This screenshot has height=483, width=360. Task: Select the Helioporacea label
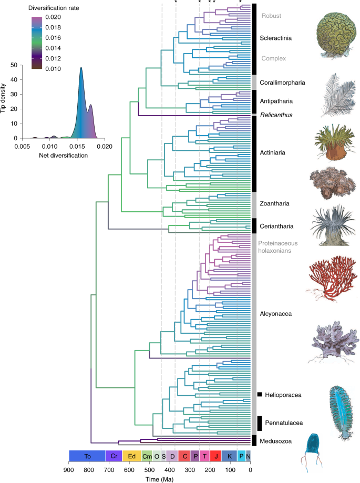tap(283, 394)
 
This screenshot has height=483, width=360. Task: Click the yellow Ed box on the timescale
tap(131, 456)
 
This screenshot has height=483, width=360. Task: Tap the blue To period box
tap(87, 456)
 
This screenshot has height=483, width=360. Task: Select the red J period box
tap(215, 456)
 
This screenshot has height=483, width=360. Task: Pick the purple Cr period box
tap(114, 456)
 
